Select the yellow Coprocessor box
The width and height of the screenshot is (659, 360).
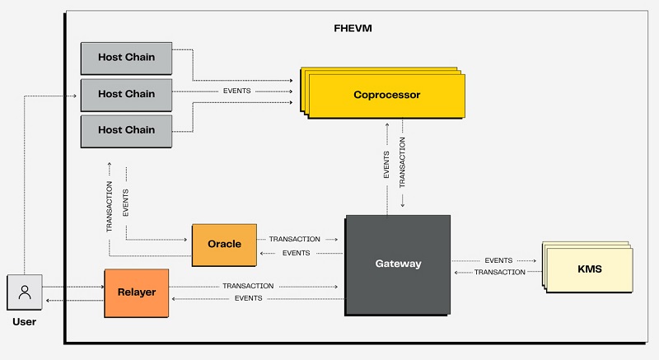point(386,95)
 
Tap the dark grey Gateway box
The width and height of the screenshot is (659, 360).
point(398,264)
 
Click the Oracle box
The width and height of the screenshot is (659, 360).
point(224,244)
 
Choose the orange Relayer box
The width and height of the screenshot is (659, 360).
point(136,292)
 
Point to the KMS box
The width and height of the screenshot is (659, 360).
point(589,269)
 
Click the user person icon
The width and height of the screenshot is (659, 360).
point(25,292)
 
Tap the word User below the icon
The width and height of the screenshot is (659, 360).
point(25,322)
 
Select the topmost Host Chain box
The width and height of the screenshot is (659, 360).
point(126,58)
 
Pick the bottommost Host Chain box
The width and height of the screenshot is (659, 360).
point(126,130)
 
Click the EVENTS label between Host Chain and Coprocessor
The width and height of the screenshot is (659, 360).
point(237,90)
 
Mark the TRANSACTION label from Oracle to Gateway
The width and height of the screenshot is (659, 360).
point(295,239)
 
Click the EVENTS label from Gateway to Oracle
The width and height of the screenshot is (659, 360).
point(296,253)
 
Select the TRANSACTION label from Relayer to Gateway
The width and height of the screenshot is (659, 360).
point(248,286)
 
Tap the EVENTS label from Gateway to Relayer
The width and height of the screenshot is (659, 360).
point(248,298)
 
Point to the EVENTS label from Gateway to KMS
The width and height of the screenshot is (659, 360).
point(498,260)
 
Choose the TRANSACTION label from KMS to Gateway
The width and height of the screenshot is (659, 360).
point(499,272)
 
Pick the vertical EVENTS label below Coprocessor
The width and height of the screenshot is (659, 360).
point(386,164)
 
